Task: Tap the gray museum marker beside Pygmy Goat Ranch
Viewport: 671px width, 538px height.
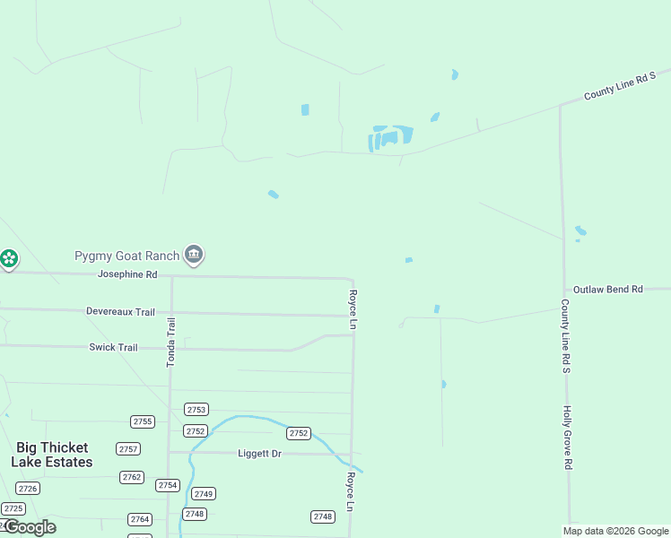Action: (x=193, y=256)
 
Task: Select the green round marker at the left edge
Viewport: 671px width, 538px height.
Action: (x=9, y=260)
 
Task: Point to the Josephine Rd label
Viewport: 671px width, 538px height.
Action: (x=127, y=274)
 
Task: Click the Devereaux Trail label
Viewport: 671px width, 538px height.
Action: (x=120, y=312)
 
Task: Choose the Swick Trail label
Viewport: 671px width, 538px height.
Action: (x=113, y=347)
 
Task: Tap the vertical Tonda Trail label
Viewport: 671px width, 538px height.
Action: (x=171, y=341)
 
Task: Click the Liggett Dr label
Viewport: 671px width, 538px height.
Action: (x=259, y=454)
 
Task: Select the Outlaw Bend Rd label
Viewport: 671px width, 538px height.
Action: (x=608, y=290)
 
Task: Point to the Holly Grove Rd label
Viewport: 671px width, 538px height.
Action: (x=567, y=438)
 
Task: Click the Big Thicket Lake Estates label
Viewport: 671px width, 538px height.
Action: (x=52, y=455)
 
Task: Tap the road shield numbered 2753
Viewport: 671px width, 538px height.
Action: (x=196, y=410)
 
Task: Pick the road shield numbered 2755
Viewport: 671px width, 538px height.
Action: (x=142, y=421)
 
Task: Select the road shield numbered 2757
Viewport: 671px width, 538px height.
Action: (x=128, y=449)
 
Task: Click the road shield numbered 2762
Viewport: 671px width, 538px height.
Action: (x=132, y=477)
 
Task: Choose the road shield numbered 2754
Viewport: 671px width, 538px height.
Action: (x=168, y=485)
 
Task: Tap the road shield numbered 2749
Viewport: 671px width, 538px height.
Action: (x=204, y=494)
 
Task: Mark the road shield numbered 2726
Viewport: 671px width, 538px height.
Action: (x=28, y=489)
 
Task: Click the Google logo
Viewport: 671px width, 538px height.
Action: (x=29, y=527)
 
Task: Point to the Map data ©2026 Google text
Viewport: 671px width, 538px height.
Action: (x=615, y=531)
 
